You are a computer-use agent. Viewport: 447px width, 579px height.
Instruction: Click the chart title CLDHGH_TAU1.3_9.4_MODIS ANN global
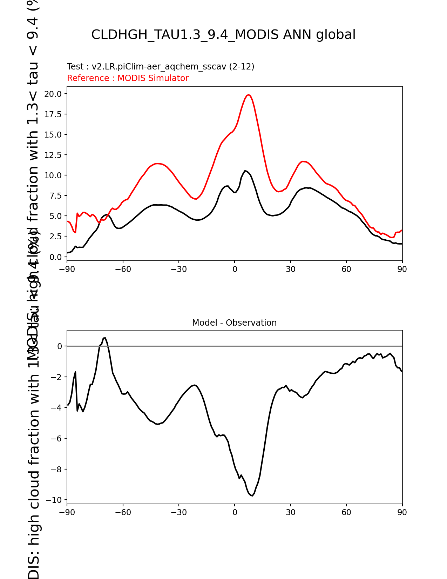223,35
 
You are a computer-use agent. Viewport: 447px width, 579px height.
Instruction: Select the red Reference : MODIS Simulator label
128,78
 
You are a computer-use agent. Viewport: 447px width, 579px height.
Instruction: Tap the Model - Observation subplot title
234,323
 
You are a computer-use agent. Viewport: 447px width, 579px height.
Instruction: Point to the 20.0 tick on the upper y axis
53,94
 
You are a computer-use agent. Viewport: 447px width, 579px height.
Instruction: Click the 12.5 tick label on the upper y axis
53,155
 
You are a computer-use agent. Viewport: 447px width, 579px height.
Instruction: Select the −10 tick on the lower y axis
56,500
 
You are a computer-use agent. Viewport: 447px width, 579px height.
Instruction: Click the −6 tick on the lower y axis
58,439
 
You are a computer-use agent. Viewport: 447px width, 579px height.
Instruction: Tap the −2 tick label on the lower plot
58,377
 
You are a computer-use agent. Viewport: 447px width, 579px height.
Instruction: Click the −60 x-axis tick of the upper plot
123,269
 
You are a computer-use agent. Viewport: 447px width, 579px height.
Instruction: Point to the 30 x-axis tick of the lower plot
290,513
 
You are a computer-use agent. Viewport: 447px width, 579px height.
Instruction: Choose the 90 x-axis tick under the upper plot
402,269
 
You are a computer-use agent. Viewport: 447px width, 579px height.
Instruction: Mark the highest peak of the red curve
248,95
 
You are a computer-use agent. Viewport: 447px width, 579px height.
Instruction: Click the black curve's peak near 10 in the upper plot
245,171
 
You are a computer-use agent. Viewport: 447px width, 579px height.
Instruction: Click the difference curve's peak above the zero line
104,338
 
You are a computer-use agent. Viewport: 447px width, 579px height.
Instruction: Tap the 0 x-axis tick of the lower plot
235,513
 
